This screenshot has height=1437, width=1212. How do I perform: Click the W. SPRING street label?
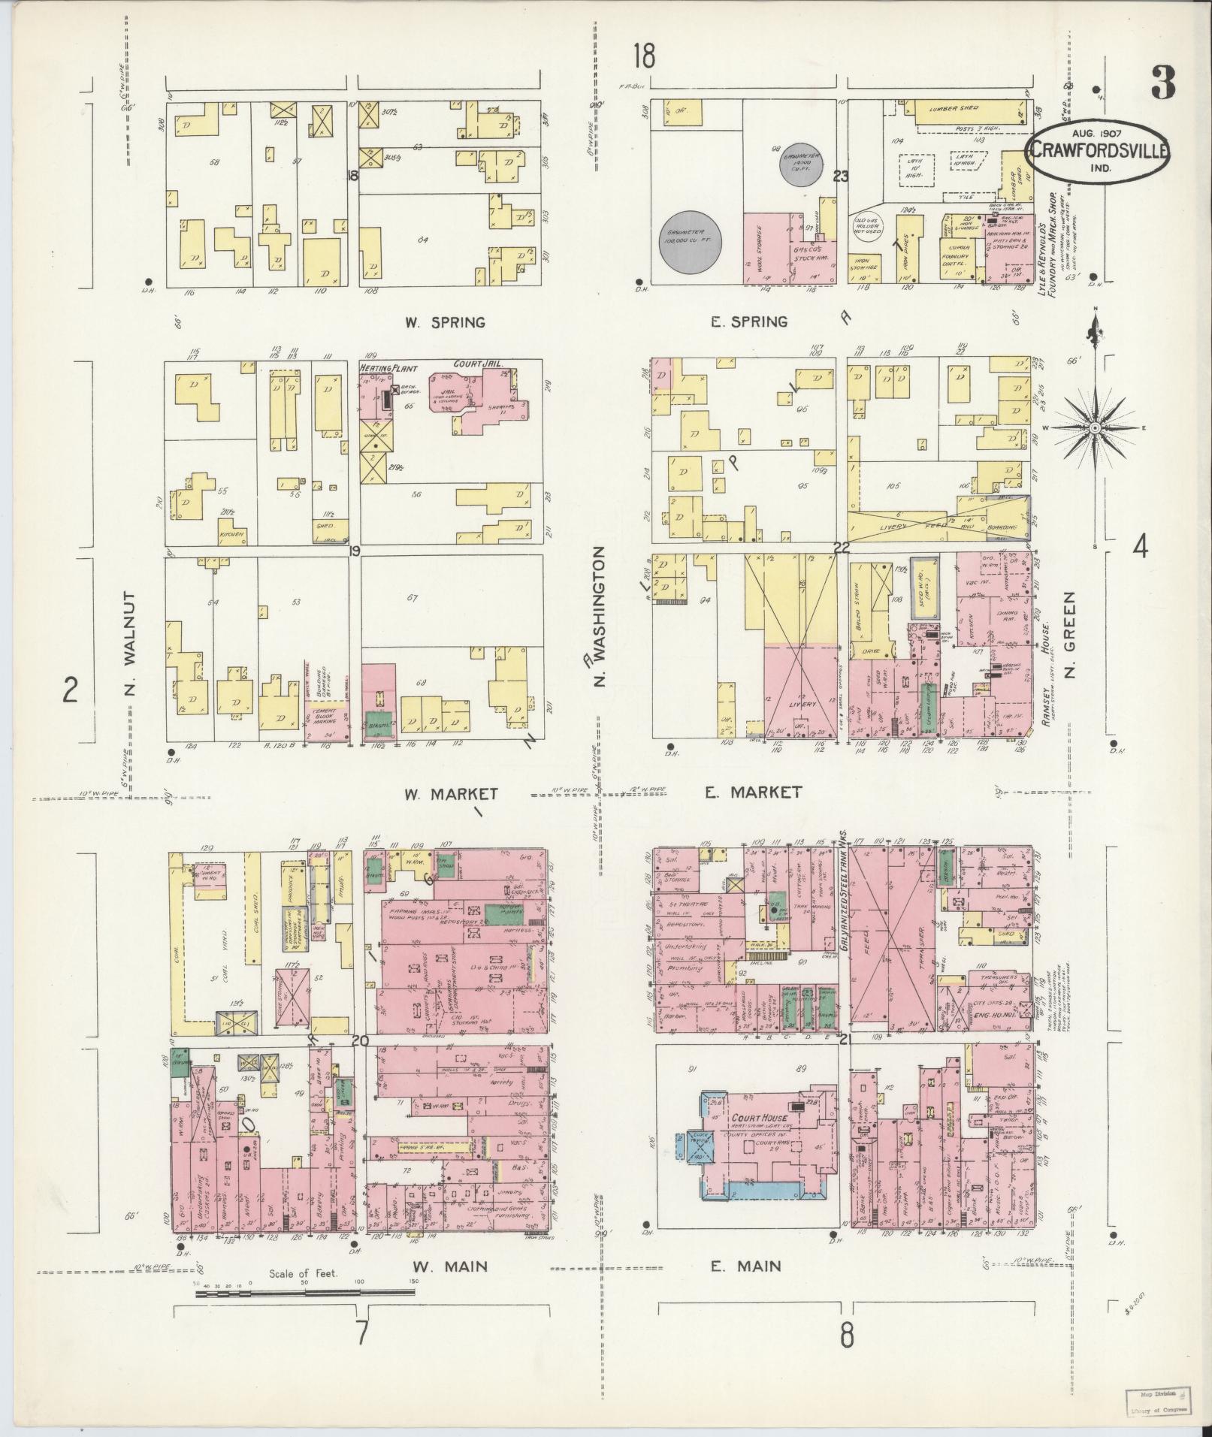[445, 323]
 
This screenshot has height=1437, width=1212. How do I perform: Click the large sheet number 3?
[1162, 83]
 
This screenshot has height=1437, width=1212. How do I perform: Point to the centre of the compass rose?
[1096, 427]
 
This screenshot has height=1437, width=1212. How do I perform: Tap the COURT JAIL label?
[478, 364]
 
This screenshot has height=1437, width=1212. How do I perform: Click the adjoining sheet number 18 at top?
[644, 56]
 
